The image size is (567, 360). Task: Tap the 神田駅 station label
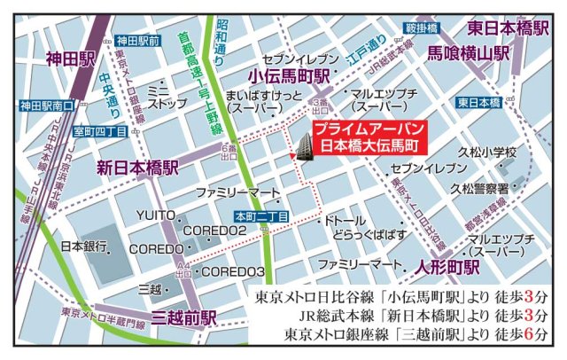[x=71, y=60]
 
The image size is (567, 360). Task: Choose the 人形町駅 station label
[x=447, y=265]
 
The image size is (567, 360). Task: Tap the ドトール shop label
[x=346, y=217]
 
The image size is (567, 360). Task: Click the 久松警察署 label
[x=478, y=188]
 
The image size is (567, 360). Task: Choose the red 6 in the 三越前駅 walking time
[x=528, y=335]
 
